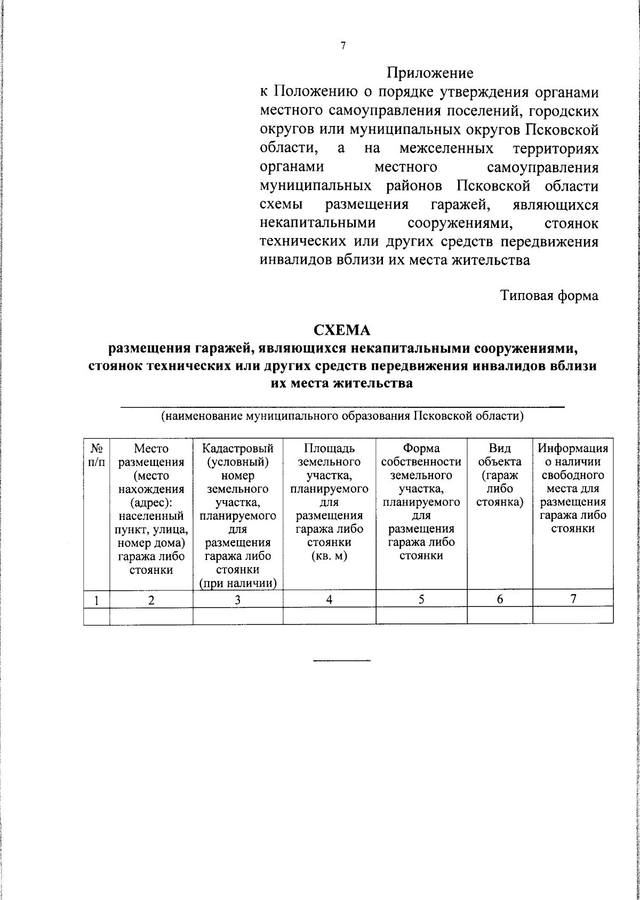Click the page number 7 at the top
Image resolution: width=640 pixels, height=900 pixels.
[343, 46]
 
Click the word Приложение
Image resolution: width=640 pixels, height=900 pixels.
[430, 72]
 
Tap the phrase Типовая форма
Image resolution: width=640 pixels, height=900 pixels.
[549, 295]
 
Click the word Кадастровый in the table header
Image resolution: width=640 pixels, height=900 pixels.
[238, 448]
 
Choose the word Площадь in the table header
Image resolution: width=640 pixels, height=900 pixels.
[329, 448]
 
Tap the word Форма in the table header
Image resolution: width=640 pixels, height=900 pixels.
[421, 448]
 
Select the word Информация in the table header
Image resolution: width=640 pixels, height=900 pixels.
[573, 448]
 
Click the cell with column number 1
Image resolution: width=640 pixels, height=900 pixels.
[96, 600]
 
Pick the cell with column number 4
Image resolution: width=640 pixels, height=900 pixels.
[329, 600]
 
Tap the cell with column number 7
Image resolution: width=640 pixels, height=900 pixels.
[573, 599]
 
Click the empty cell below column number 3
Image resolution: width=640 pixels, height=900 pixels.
[238, 615]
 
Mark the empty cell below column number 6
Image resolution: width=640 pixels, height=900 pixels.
[500, 615]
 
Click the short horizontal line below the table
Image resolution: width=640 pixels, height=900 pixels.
[341, 661]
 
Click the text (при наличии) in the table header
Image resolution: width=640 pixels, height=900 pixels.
[238, 583]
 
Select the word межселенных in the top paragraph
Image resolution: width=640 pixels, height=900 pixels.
[446, 148]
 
